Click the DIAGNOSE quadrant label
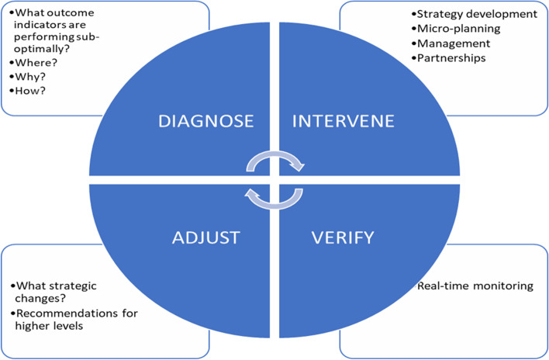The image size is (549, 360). (205, 121)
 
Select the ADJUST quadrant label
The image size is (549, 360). (205, 236)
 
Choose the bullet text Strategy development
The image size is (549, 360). (476, 14)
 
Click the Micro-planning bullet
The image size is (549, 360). (458, 29)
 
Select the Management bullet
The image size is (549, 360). (454, 43)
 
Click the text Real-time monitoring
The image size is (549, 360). (475, 286)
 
